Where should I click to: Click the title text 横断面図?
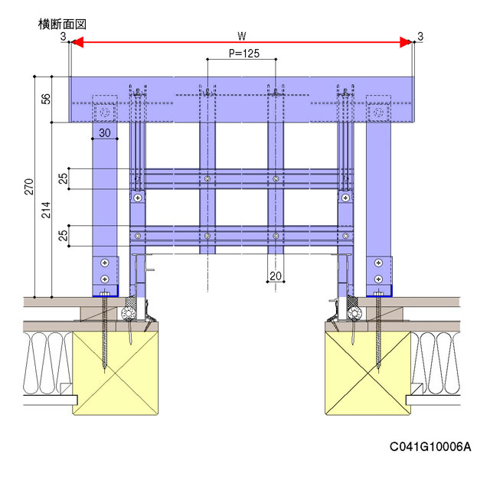pyautogui.click(x=62, y=24)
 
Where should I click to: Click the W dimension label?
pyautogui.click(x=242, y=36)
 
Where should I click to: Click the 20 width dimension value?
pyautogui.click(x=276, y=276)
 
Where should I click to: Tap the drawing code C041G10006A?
pyautogui.click(x=430, y=447)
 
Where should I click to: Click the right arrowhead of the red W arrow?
pyautogui.click(x=406, y=45)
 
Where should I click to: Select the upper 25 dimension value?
pyautogui.click(x=64, y=178)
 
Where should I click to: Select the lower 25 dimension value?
pyautogui.click(x=64, y=236)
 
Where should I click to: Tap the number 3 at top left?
pyautogui.click(x=63, y=36)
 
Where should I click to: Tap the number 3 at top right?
pyautogui.click(x=420, y=36)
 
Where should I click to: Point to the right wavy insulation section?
pyautogui.click(x=438, y=360)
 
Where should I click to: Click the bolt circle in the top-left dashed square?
pyautogui.click(x=103, y=112)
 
